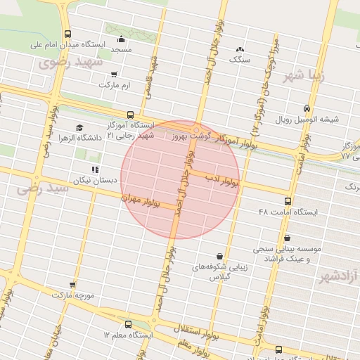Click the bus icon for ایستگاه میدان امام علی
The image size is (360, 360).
(x=67, y=34)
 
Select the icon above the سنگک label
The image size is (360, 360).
(x=240, y=49)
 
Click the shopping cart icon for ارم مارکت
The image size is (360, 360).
(x=114, y=74)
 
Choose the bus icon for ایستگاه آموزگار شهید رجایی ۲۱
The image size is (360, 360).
(x=130, y=115)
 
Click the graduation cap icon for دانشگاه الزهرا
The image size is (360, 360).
(x=79, y=128)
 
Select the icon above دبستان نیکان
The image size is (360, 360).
(x=94, y=169)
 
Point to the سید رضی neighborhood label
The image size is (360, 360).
(x=44, y=188)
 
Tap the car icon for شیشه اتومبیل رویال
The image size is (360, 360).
(x=307, y=108)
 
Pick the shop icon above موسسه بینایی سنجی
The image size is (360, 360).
(x=288, y=238)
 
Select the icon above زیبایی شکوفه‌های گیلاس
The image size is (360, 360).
(x=221, y=256)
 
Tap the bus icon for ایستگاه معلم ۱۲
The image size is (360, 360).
(x=128, y=324)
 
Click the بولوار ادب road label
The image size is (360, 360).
(x=222, y=181)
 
